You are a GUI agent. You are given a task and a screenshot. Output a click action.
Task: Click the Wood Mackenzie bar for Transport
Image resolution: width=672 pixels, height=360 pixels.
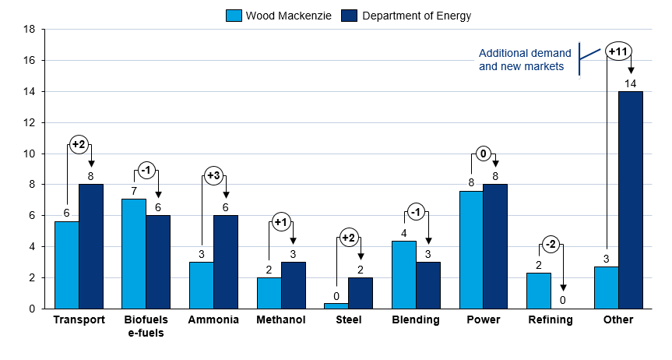tap(67, 265)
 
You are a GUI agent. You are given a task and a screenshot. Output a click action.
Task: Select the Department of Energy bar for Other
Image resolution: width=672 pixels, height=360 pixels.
tap(631, 199)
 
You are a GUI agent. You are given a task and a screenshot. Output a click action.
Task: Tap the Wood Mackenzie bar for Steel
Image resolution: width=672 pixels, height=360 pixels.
tap(336, 305)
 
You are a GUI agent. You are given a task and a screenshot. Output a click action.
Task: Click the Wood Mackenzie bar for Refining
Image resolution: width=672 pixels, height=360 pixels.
tap(539, 291)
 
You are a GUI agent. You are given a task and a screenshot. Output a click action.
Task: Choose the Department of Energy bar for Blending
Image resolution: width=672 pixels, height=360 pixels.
tap(427, 285)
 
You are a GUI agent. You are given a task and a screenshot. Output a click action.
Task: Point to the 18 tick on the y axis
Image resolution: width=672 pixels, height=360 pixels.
tap(30, 30)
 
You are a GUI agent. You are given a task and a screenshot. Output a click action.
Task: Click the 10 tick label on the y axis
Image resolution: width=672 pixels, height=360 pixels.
tap(30, 154)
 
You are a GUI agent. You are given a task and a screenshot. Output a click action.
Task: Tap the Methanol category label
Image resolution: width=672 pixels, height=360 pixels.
tap(281, 320)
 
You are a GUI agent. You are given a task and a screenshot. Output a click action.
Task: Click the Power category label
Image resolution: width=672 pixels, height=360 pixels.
tap(483, 320)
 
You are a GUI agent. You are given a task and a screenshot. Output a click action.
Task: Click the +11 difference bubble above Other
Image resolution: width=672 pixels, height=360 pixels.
tap(618, 51)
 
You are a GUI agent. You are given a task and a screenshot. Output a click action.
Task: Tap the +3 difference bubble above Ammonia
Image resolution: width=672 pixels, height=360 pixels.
tap(214, 175)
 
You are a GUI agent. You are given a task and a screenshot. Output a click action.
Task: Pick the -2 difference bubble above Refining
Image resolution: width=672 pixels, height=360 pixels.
tap(551, 245)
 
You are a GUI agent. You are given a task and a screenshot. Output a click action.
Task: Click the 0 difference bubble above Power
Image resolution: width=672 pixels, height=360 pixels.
tap(483, 154)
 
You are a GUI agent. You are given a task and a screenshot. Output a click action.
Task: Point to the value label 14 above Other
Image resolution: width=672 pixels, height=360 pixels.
tap(631, 83)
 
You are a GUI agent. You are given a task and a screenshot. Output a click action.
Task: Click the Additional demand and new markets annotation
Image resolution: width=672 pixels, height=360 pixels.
tap(525, 60)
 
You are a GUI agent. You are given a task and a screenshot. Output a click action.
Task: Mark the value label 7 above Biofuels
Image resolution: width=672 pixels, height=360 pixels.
tap(134, 191)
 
